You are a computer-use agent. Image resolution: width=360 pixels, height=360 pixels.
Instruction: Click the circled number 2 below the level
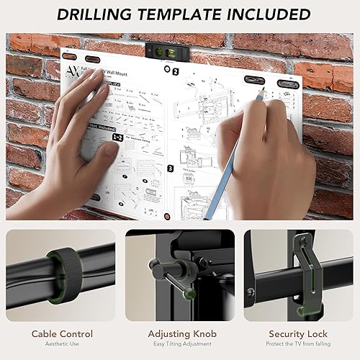coord(175,71)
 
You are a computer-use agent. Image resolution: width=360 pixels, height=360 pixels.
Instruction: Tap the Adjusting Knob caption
coord(180,333)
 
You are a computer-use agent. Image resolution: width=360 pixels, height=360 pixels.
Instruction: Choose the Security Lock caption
coord(299,333)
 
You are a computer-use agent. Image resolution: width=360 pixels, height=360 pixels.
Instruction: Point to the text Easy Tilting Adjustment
coord(180,345)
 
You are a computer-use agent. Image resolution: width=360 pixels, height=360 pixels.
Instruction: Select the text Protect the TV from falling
coord(299,345)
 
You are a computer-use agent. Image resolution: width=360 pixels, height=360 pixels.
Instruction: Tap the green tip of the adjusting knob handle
coord(188,292)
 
